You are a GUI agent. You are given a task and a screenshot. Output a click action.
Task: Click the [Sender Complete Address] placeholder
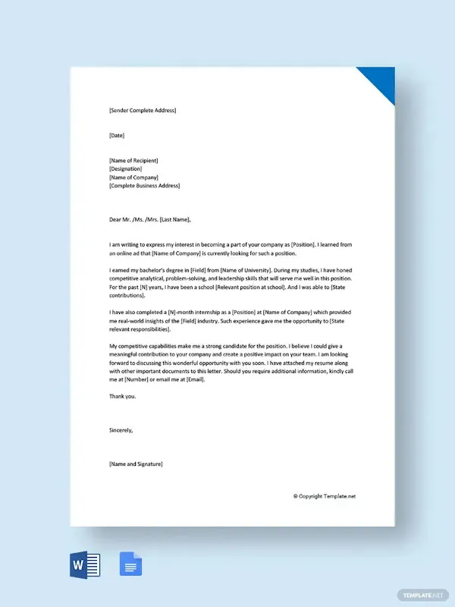pos(143,111)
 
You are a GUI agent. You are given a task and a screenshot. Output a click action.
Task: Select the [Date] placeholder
pos(117,136)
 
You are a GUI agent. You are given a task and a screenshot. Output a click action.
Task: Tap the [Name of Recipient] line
pos(134,160)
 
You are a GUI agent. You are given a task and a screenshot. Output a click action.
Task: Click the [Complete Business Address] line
pos(145,185)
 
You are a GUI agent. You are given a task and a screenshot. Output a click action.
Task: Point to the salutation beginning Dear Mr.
pos(150,220)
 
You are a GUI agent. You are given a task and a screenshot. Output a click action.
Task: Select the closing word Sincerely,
pos(121,429)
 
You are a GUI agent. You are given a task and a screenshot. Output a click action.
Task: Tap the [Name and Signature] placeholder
pos(136,464)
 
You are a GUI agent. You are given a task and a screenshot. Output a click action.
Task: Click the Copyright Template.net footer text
pos(325,495)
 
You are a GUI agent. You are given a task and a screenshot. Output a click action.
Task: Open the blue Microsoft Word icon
pos(85,565)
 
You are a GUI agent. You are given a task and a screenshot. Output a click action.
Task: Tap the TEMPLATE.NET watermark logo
pos(424,594)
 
